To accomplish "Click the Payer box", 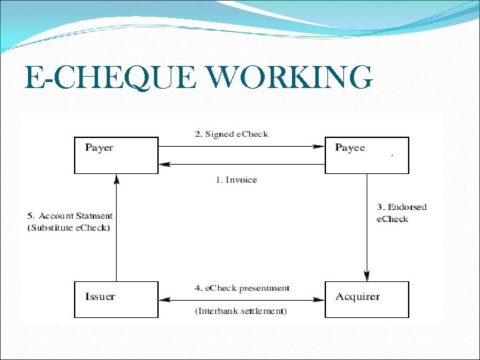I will pyautogui.click(x=116, y=155).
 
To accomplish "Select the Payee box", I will pyautogui.click(x=367, y=155).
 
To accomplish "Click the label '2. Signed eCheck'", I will pyautogui.click(x=231, y=134).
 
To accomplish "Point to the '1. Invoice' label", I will pyautogui.click(x=236, y=179).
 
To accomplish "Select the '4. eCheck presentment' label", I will pyautogui.click(x=241, y=288).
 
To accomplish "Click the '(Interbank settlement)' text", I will pyautogui.click(x=241, y=311).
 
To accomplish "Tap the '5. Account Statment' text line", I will pyautogui.click(x=70, y=216).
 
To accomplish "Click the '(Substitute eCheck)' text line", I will pyautogui.click(x=69, y=228).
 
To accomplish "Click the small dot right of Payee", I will pyautogui.click(x=391, y=155).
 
